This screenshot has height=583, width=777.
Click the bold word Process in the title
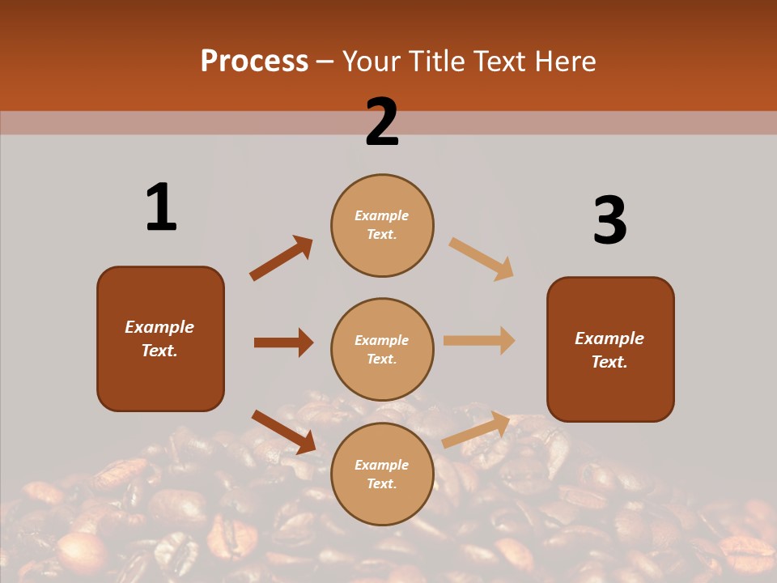254,61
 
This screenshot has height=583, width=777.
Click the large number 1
161,207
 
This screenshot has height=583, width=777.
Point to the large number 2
382,122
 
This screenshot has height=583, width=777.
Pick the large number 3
609,220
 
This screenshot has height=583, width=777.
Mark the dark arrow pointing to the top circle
281,258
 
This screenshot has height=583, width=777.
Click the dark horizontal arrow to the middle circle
283,343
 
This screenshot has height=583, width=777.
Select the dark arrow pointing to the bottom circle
283,432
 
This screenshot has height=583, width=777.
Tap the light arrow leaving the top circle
482,258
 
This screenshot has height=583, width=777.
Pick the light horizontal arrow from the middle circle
479,340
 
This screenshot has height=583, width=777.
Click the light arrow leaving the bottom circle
476,429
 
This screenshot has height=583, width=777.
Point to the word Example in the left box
159,327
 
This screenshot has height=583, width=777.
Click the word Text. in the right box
609,362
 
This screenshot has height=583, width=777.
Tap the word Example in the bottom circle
382,465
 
